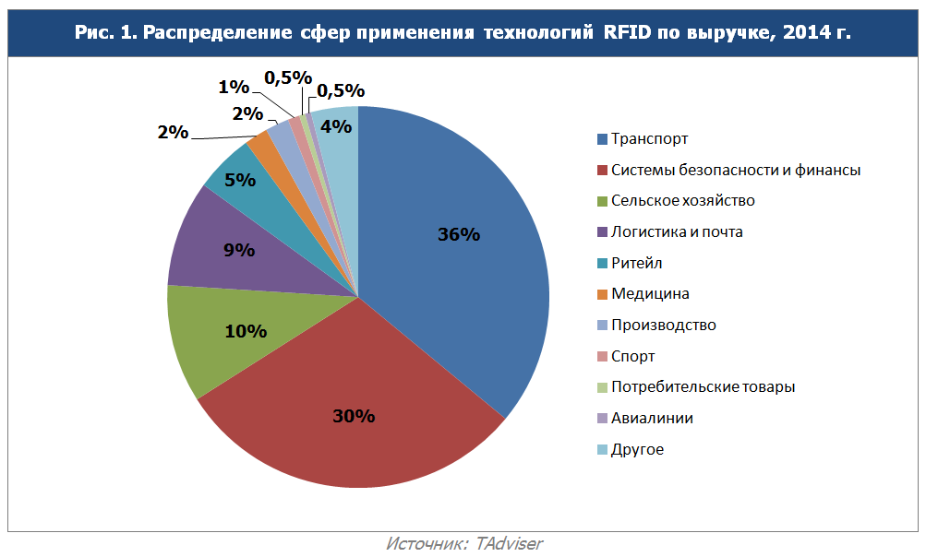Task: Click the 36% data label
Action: pyautogui.click(x=459, y=234)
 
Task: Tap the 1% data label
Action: pyautogui.click(x=234, y=87)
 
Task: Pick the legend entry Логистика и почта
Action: pyautogui.click(x=677, y=232)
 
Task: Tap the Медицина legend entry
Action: pyautogui.click(x=650, y=294)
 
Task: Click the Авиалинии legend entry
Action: pyautogui.click(x=652, y=419)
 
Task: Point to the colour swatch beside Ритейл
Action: pyautogui.click(x=602, y=264)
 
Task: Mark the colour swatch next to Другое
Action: pyautogui.click(x=602, y=450)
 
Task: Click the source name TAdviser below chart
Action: pyautogui.click(x=509, y=543)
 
